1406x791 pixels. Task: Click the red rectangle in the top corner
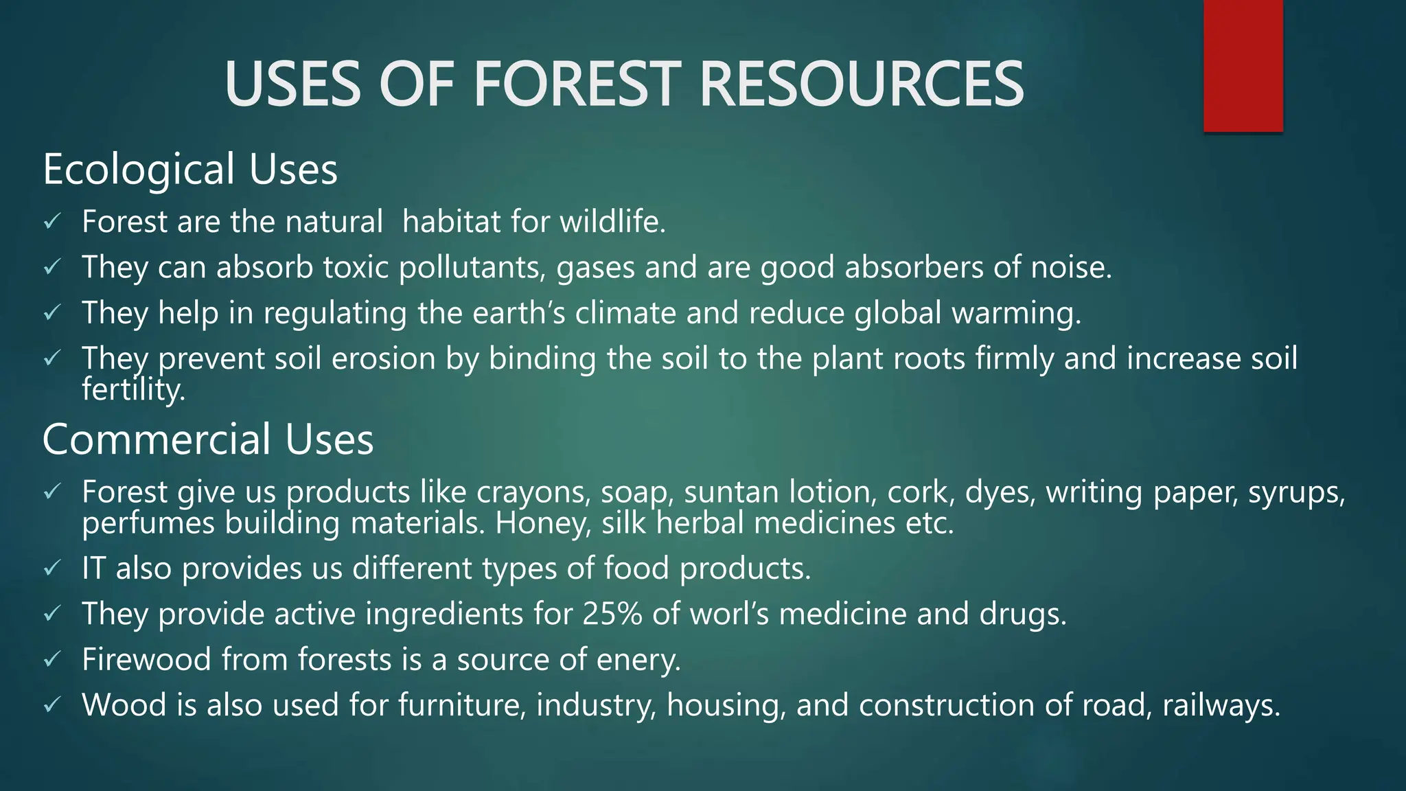click(x=1243, y=66)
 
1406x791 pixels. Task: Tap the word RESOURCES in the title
click(x=861, y=84)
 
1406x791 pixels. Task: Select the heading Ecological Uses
click(x=190, y=169)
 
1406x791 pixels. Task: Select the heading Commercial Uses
click(x=208, y=439)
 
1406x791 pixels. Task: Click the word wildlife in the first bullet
click(x=612, y=222)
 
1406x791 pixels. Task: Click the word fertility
click(x=133, y=390)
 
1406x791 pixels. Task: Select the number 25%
click(x=612, y=614)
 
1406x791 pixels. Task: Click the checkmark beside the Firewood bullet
click(x=53, y=660)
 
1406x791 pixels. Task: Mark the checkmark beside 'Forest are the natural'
click(x=53, y=222)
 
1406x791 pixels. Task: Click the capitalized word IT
click(x=93, y=569)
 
